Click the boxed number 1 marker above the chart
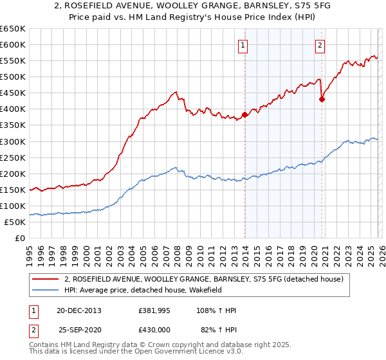coord(244,45)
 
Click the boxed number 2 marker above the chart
coord(320,45)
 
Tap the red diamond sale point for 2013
coord(244,116)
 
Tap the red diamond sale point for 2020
coord(322,99)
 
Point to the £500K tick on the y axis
coord(13,77)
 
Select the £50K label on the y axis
coord(15,222)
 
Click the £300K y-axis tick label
coord(13,141)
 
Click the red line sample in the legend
coord(46,279)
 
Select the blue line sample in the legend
coord(46,290)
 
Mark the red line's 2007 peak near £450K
coord(175,93)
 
